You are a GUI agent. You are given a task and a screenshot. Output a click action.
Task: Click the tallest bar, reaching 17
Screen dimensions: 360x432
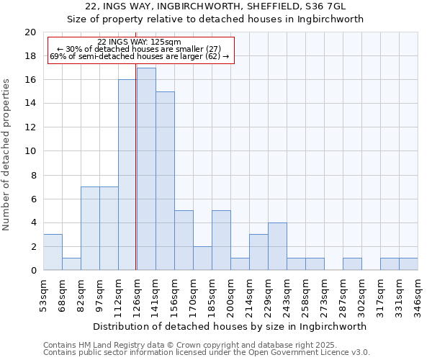(146, 169)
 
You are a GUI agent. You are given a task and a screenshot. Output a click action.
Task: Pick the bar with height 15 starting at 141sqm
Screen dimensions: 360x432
(165, 181)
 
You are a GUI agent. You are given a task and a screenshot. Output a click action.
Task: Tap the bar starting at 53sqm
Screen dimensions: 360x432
(53, 252)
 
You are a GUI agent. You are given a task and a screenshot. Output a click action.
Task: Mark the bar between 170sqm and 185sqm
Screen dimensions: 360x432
(202, 258)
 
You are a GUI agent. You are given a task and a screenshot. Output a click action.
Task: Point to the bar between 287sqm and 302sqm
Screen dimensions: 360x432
(352, 264)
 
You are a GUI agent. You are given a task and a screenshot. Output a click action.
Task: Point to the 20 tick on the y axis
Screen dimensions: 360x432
(30, 32)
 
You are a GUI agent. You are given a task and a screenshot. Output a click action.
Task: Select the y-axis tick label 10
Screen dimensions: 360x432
(30, 151)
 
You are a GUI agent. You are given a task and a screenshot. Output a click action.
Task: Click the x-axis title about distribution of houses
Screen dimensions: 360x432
(230, 326)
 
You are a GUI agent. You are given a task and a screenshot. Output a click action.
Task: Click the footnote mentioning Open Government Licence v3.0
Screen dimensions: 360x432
(207, 353)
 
